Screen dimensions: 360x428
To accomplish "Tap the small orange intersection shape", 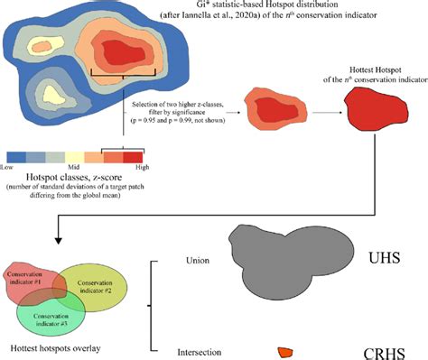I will click(285, 351).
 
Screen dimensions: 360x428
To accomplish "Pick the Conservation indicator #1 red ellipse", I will click(27, 279).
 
